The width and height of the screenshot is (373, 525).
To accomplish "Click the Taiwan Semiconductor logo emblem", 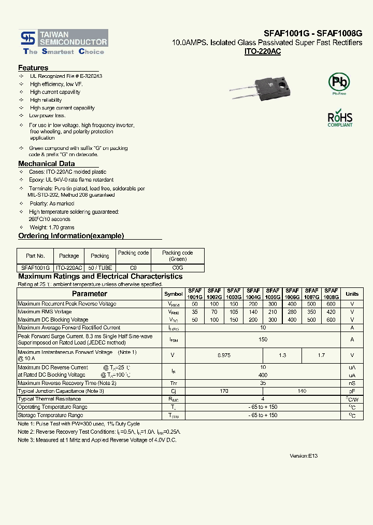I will pyautogui.click(x=26, y=38).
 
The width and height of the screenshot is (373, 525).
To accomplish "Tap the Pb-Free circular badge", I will pyautogui.click(x=339, y=82).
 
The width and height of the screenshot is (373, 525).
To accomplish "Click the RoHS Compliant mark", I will pyautogui.click(x=340, y=118).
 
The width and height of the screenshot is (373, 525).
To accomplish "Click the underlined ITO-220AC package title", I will pyautogui.click(x=262, y=52).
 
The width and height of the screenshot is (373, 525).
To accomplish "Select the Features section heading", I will pyautogui.click(x=33, y=68).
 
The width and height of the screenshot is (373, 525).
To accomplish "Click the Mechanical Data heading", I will pyautogui.click(x=47, y=163).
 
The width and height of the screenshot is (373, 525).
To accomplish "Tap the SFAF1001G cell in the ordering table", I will pyautogui.click(x=35, y=268).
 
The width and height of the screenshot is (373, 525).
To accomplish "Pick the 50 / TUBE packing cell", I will pyautogui.click(x=100, y=268).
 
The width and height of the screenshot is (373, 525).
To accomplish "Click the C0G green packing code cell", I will pyautogui.click(x=178, y=268).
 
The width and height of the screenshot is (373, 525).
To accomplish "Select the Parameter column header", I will pyautogui.click(x=90, y=294).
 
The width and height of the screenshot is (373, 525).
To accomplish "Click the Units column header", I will pyautogui.click(x=352, y=294).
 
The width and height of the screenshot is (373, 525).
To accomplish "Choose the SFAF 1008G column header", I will pyautogui.click(x=331, y=294).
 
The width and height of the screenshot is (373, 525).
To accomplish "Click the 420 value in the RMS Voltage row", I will pyautogui.click(x=331, y=312).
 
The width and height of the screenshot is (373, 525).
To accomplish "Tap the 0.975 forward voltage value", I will pyautogui.click(x=224, y=355).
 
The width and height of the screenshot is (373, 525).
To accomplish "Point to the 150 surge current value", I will pyautogui.click(x=263, y=339).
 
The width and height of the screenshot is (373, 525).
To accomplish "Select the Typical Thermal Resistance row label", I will pyautogui.click(x=49, y=399).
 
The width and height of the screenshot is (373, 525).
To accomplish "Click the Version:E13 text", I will pyautogui.click(x=304, y=455).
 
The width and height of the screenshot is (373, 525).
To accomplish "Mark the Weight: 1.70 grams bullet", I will pyautogui.click(x=52, y=227).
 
